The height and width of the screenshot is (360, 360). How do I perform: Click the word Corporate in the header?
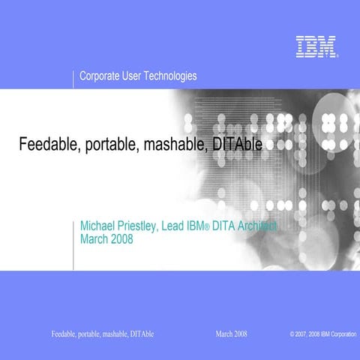101,76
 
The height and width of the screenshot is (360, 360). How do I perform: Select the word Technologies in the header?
171,76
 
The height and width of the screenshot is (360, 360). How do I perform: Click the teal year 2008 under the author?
122,239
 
